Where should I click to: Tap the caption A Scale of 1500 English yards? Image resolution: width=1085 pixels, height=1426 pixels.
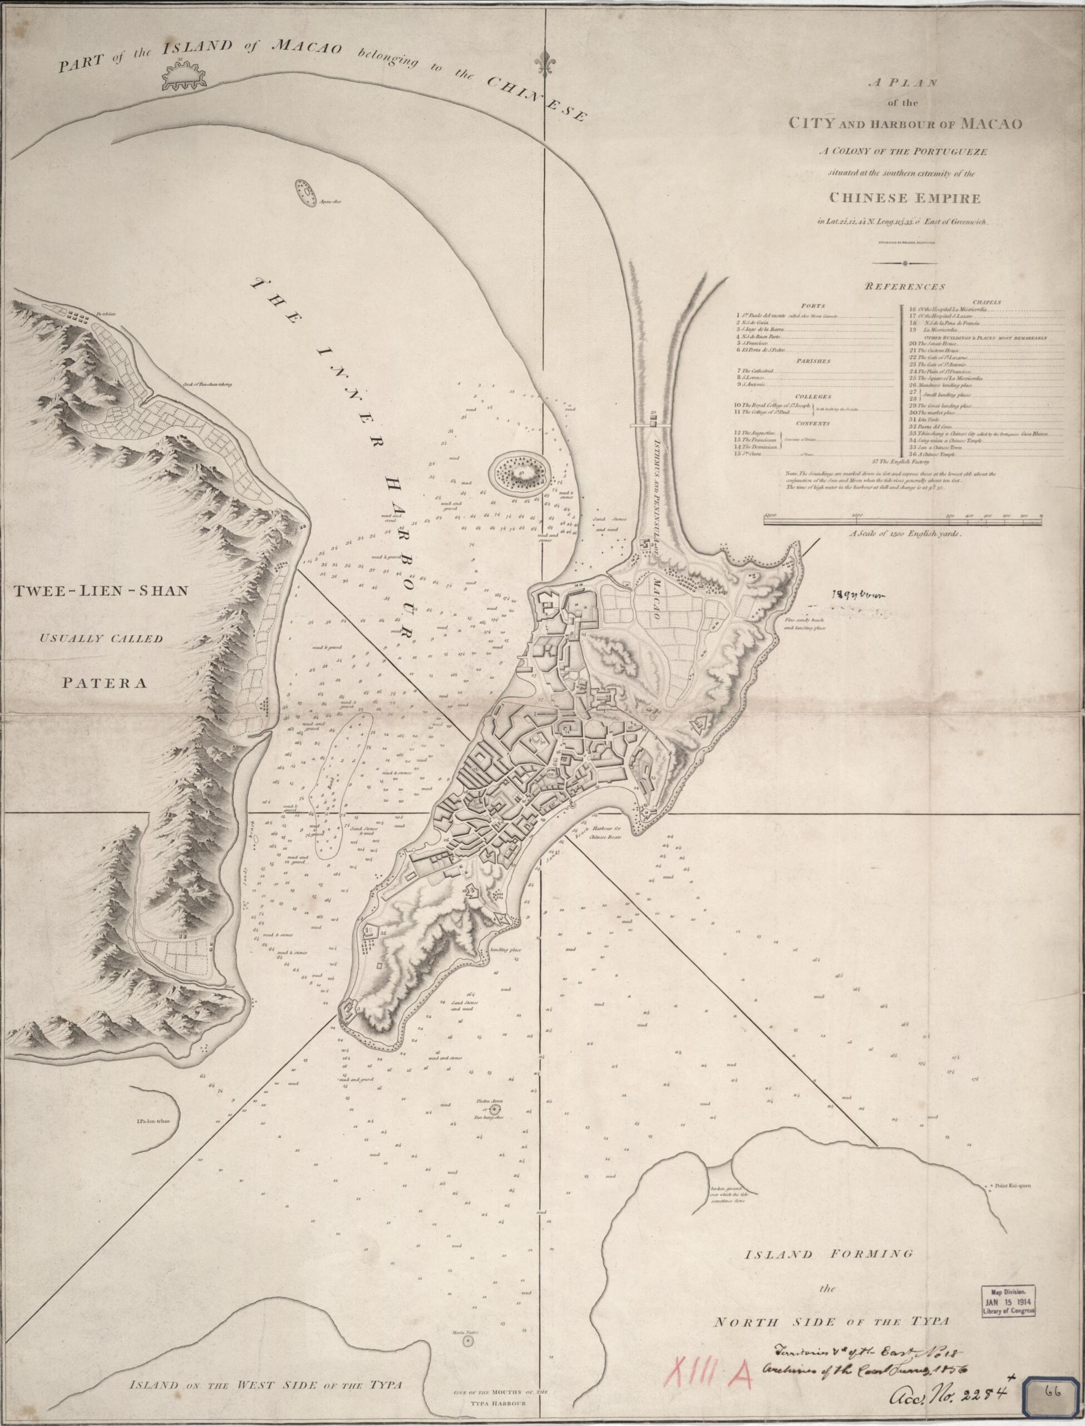pyautogui.click(x=905, y=534)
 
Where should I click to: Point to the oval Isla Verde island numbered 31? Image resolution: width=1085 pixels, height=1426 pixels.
pyautogui.click(x=519, y=475)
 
